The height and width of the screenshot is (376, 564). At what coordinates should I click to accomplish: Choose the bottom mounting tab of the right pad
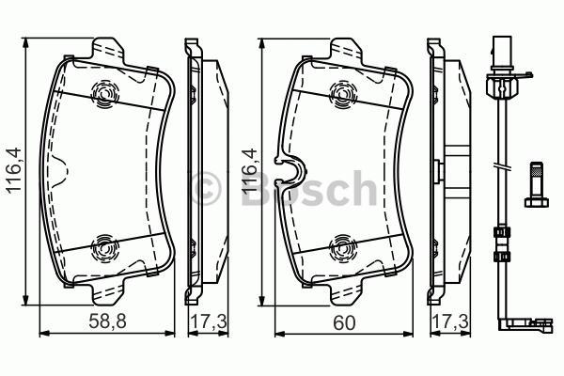point(348,291)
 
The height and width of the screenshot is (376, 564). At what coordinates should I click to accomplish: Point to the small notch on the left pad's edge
point(58,172)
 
